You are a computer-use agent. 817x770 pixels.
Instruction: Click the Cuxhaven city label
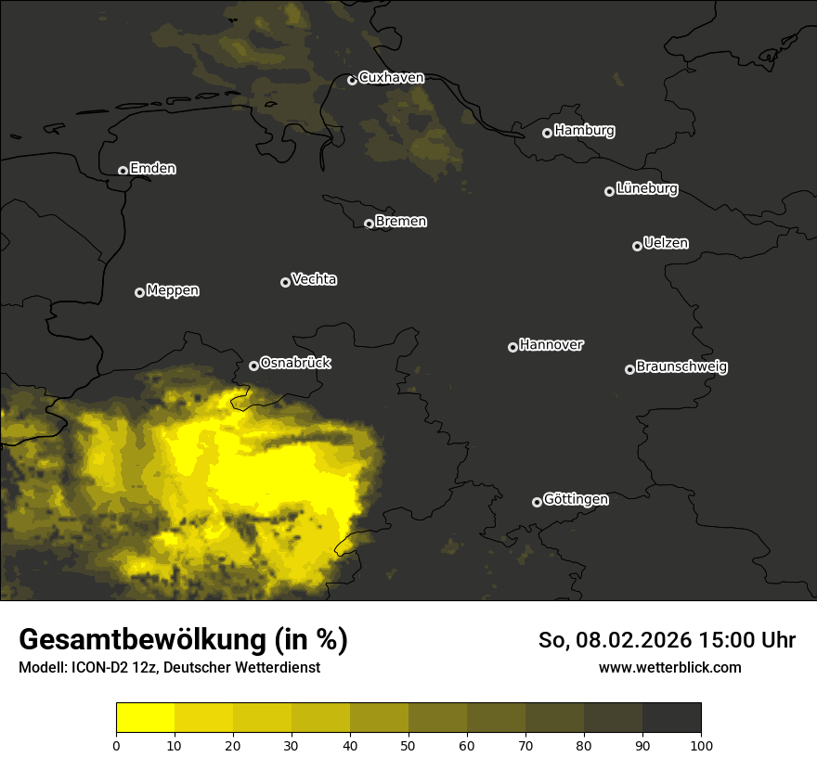click(391, 78)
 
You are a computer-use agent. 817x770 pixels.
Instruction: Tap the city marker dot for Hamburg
click(547, 133)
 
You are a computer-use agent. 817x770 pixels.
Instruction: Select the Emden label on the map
click(153, 169)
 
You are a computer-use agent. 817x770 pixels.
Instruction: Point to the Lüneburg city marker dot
click(609, 191)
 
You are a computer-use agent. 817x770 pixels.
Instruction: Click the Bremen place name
click(401, 222)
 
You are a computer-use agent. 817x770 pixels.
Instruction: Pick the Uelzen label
click(666, 243)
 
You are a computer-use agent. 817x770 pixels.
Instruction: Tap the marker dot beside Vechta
click(285, 282)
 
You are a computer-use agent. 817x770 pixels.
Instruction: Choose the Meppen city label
click(173, 290)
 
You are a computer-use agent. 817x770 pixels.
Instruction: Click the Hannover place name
click(551, 345)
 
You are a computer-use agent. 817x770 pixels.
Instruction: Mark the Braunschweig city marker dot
click(629, 369)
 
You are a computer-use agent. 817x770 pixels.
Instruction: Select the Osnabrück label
click(295, 363)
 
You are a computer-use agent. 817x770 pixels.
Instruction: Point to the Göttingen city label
click(576, 499)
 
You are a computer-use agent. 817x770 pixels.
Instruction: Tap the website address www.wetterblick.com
click(670, 667)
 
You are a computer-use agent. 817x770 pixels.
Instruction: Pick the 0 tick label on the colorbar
click(116, 745)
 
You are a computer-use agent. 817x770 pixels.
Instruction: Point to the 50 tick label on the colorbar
click(408, 745)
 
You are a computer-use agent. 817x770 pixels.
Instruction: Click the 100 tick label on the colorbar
click(701, 745)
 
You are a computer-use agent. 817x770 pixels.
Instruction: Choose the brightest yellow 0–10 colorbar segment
click(145, 718)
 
